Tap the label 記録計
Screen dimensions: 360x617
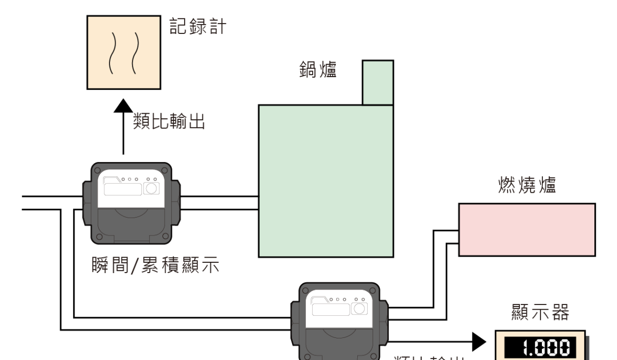(x=197, y=27)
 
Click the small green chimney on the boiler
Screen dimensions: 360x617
(x=378, y=82)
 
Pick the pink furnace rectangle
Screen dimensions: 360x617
(x=527, y=229)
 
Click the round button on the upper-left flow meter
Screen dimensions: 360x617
(x=151, y=188)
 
